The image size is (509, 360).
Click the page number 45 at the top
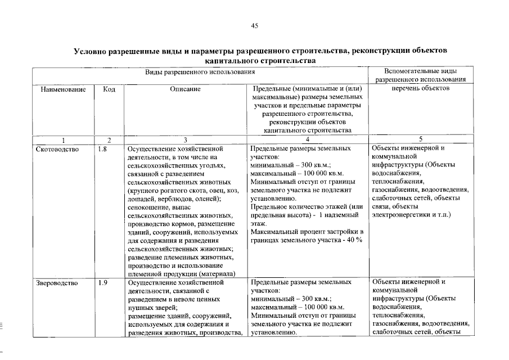click(254, 25)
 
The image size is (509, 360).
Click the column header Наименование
click(63, 89)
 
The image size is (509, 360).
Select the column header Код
click(109, 89)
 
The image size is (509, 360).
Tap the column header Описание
click(185, 89)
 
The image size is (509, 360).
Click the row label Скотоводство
click(57, 150)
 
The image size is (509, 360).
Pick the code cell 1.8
click(102, 150)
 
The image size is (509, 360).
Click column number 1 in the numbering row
click(63, 139)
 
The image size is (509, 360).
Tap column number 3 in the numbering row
click(185, 139)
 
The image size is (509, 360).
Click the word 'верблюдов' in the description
click(171, 199)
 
